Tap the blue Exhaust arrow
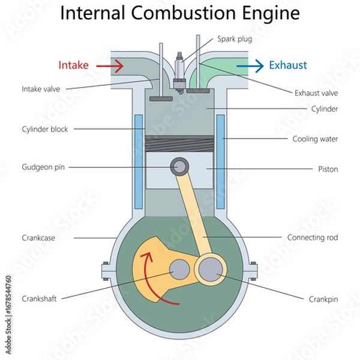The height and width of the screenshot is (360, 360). point(250,65)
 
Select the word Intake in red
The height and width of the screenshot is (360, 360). point(73,65)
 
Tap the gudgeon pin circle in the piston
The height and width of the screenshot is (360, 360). point(178,165)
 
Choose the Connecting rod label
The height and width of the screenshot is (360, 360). point(312,238)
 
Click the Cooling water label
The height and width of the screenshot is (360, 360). point(315,139)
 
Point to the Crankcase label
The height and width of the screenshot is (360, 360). point(38,238)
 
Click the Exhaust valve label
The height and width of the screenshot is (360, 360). point(316,93)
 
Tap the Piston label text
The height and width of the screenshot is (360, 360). point(328,169)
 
